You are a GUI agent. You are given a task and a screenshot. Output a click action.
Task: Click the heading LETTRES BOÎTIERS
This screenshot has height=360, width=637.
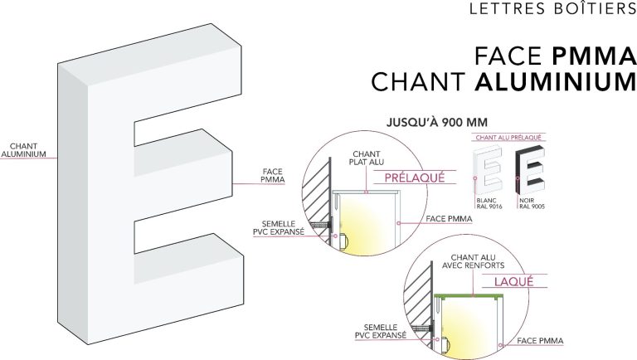(553, 8)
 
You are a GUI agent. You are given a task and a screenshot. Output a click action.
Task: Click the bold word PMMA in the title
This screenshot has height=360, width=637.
(594, 56)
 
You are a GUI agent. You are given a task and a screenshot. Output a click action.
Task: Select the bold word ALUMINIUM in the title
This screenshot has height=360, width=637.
(556, 81)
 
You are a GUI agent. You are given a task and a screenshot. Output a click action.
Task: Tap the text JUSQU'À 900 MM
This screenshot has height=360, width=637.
(437, 122)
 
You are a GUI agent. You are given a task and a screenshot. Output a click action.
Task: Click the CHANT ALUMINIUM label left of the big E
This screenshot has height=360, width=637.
(23, 150)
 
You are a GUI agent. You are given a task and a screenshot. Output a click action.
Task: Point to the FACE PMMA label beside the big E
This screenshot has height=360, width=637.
(273, 176)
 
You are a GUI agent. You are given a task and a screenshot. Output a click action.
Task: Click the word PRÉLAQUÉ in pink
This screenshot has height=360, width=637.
(415, 178)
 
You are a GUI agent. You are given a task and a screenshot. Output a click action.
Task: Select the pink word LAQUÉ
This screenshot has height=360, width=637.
(513, 281)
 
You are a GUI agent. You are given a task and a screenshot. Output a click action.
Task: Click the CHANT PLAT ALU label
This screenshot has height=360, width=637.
(367, 158)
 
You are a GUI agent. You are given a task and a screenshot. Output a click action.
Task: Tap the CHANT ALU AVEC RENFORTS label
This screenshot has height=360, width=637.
(474, 261)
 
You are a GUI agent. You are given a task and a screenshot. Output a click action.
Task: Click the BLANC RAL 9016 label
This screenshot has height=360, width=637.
(489, 203)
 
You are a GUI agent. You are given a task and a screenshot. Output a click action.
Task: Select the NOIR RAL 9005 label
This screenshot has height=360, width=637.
(532, 203)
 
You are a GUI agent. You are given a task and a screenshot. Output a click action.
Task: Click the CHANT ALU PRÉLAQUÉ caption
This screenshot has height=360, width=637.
(508, 138)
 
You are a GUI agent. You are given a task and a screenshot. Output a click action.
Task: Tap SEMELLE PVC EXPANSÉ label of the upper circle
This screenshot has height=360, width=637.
(279, 228)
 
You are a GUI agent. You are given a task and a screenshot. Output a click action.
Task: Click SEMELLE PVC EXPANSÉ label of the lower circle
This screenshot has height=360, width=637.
(381, 332)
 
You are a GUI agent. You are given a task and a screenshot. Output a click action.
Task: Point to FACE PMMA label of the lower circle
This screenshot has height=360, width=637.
(540, 341)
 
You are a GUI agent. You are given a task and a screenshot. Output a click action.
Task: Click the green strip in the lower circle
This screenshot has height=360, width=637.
(469, 295)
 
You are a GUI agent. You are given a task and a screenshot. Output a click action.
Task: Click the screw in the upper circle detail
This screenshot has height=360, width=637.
(321, 224)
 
